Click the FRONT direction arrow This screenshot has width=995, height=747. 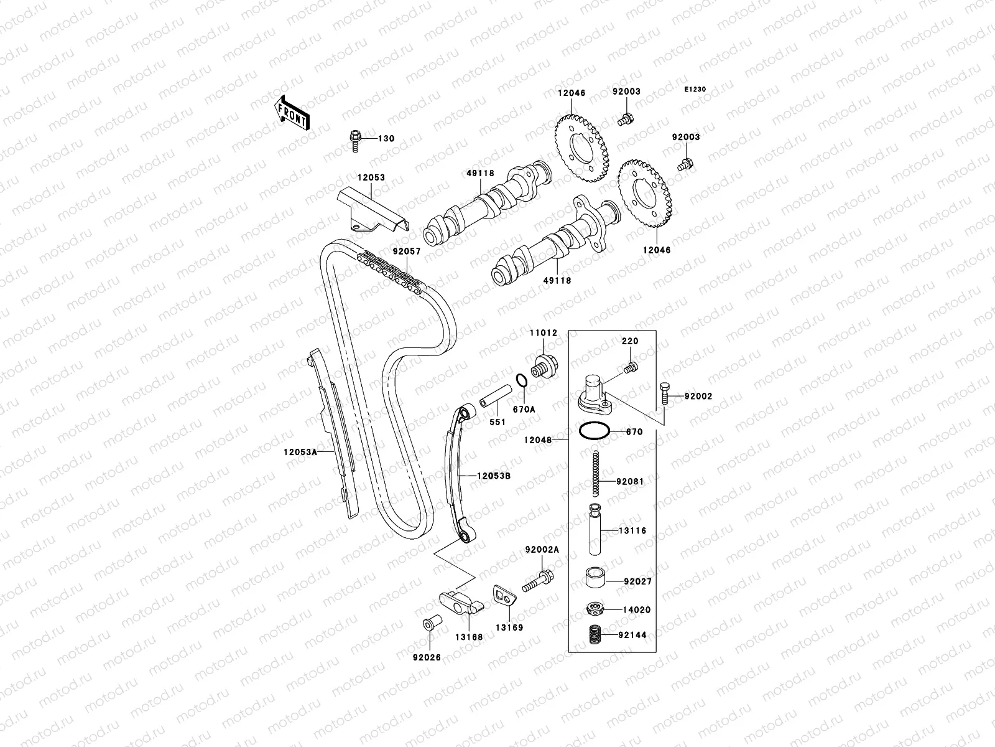tap(293, 113)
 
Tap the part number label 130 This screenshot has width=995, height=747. tap(386, 138)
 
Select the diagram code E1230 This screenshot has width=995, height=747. tap(695, 90)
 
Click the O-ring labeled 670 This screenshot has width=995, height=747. tap(594, 431)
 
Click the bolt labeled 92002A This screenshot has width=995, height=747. tap(539, 581)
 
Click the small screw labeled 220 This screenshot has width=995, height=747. tap(629, 368)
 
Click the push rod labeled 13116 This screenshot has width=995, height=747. tap(596, 530)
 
